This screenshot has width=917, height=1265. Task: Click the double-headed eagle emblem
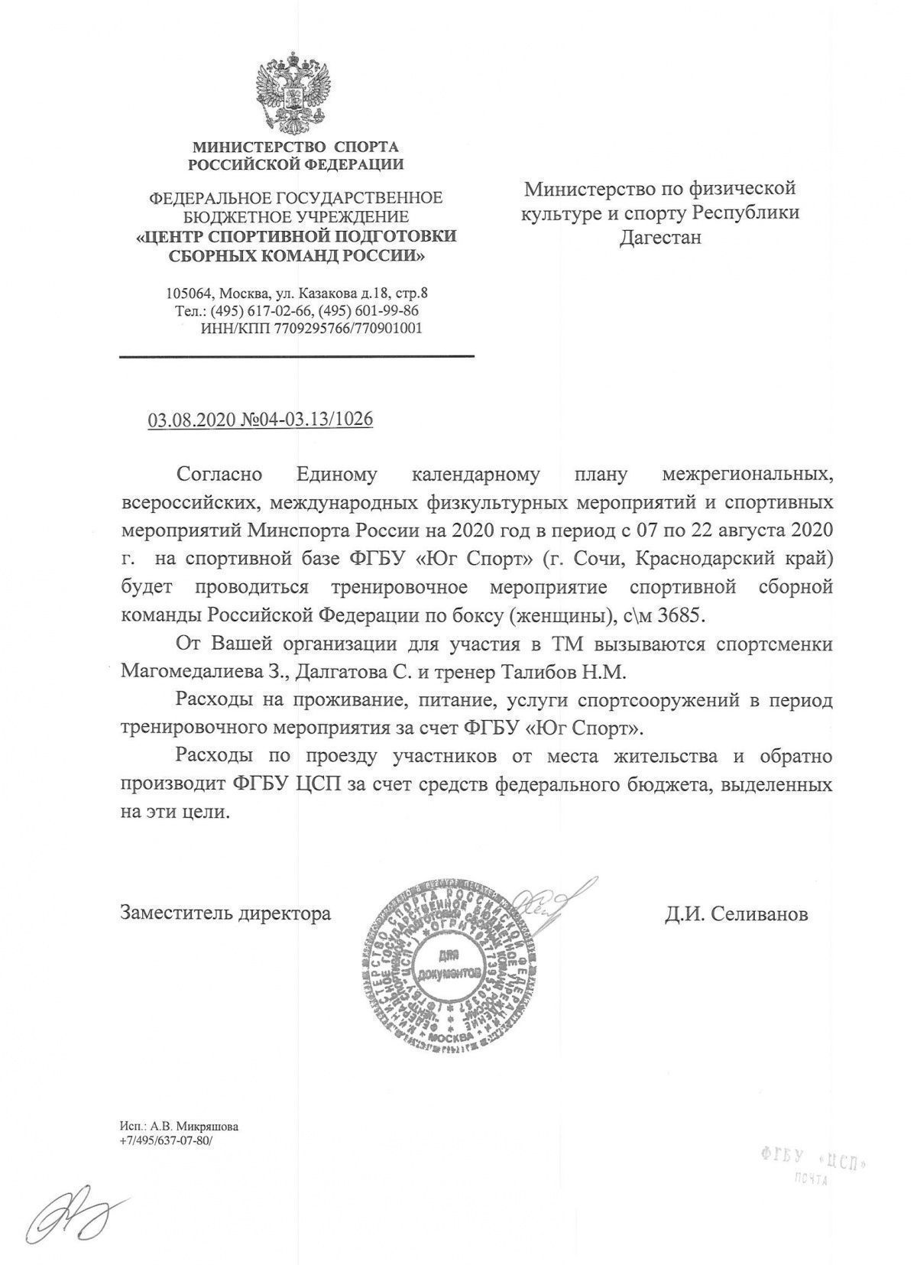(296, 92)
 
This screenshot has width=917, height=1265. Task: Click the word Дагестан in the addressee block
(659, 237)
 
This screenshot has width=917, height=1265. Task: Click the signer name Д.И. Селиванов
(735, 913)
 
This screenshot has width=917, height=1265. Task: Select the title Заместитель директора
(225, 913)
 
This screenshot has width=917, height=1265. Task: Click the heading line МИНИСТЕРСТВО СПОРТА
(295, 146)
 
